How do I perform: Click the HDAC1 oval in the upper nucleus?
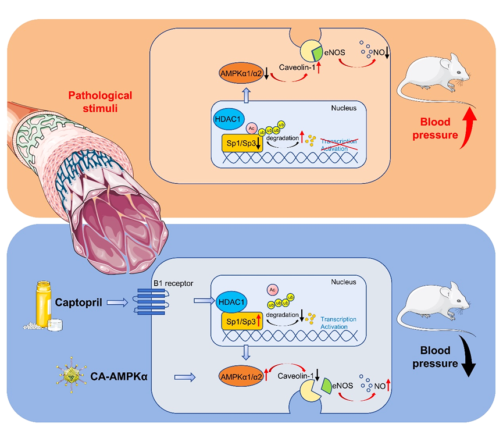click(x=228, y=119)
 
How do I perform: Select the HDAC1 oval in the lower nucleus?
click(x=231, y=302)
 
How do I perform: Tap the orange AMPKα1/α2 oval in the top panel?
click(x=241, y=73)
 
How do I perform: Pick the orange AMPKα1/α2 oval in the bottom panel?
click(x=241, y=376)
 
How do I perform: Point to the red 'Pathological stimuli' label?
click(x=100, y=102)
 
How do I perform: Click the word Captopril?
click(x=79, y=302)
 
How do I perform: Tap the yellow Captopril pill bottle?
click(x=44, y=304)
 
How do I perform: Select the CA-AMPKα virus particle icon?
click(x=71, y=375)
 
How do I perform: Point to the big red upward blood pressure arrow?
click(x=468, y=128)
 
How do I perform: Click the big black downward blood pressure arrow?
click(x=468, y=356)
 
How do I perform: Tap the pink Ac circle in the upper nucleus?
click(x=252, y=129)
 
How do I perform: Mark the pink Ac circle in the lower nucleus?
click(x=272, y=290)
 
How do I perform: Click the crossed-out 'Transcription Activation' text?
click(x=339, y=145)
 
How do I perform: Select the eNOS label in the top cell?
click(x=334, y=52)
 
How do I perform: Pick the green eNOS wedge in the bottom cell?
click(x=327, y=386)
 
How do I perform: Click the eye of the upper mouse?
click(x=459, y=73)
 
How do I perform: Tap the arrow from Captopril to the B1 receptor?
click(x=117, y=302)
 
